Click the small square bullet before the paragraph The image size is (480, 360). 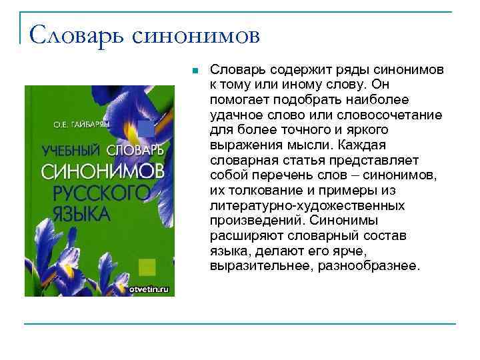coord(193,69)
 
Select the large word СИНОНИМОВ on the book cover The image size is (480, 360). coord(102,171)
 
